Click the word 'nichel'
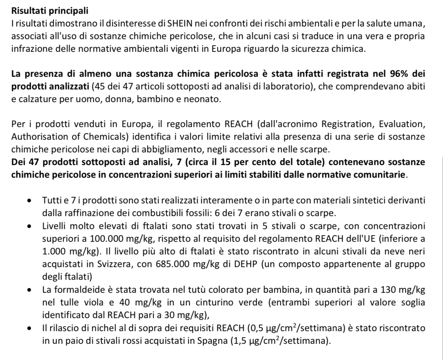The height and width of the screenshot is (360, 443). [82, 329]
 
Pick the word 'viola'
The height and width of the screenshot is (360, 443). [95, 302]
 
